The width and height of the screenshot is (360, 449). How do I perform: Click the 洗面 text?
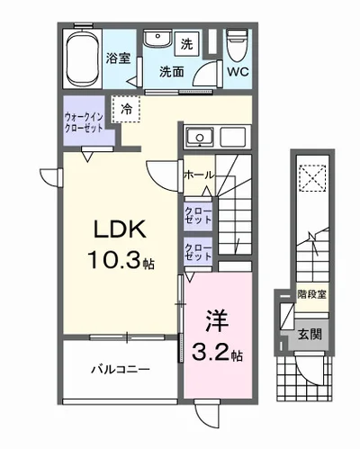(174, 71)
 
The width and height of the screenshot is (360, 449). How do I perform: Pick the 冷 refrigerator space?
(126, 109)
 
